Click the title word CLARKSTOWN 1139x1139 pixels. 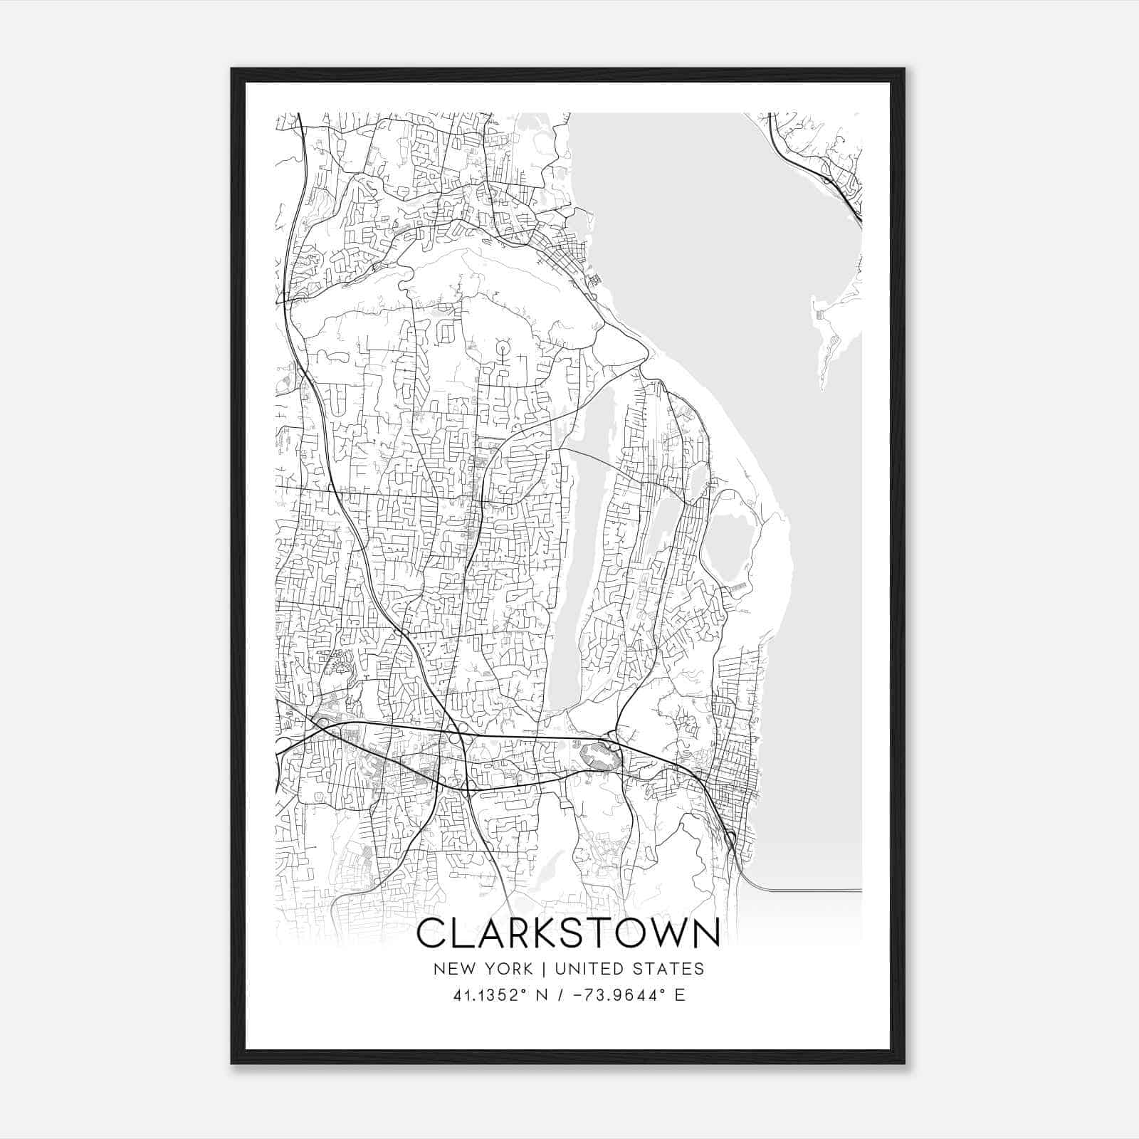[x=567, y=934]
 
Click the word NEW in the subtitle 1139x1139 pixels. [x=450, y=969]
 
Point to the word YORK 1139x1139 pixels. [x=507, y=969]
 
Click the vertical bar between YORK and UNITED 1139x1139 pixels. [x=542, y=969]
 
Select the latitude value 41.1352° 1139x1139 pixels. [x=493, y=995]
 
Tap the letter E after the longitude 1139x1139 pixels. [x=680, y=995]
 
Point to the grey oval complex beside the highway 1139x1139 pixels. [x=600, y=755]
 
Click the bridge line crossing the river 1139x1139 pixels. [x=812, y=890]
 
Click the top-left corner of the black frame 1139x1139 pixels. [x=233, y=70]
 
